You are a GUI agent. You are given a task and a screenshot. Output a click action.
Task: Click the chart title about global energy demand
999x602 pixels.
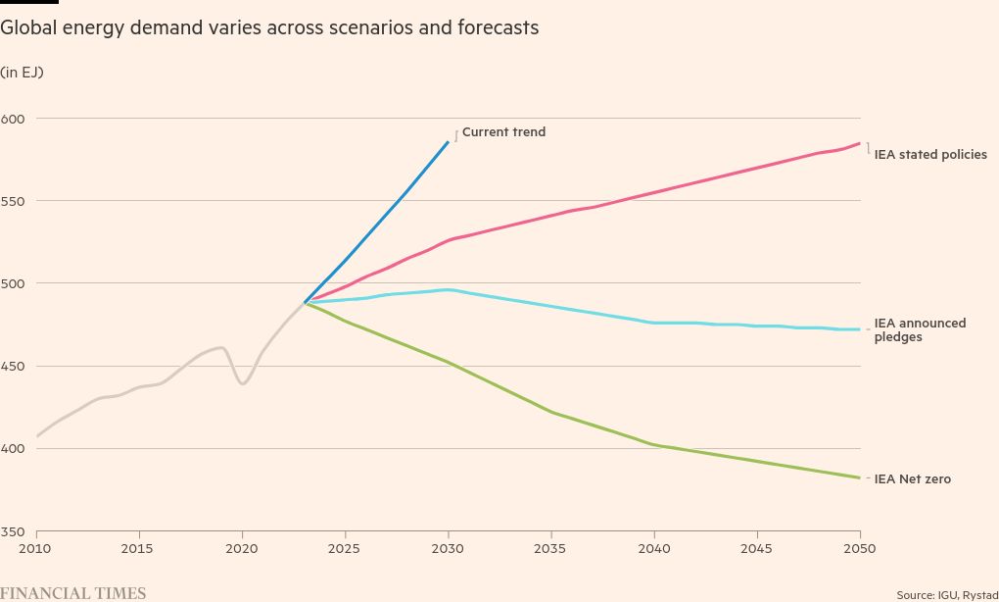click(x=269, y=28)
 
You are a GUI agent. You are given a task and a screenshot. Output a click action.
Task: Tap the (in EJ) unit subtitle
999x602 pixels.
click(x=22, y=73)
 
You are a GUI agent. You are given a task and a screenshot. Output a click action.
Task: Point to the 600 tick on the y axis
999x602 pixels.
click(x=13, y=119)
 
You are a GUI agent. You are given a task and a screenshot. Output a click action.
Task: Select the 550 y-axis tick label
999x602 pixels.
click(x=13, y=201)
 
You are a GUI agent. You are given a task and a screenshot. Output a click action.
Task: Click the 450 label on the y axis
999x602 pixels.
click(x=13, y=367)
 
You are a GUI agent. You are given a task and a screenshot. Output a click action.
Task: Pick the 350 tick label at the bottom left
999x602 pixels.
click(x=13, y=531)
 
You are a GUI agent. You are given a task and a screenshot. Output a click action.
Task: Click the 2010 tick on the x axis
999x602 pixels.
click(x=35, y=548)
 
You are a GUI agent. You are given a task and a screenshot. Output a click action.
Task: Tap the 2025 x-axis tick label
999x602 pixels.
click(x=345, y=548)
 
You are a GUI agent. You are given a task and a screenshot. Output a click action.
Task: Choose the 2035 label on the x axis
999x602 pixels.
click(x=550, y=548)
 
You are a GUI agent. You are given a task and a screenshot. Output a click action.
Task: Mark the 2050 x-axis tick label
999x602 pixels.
click(x=859, y=548)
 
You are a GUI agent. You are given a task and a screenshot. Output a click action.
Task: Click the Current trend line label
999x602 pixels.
click(x=503, y=132)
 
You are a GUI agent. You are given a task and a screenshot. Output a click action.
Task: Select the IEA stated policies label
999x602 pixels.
click(x=929, y=155)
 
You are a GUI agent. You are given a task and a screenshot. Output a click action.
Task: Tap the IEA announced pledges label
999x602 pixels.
click(x=920, y=330)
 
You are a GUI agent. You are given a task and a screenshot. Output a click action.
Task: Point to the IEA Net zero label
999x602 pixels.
click(x=912, y=479)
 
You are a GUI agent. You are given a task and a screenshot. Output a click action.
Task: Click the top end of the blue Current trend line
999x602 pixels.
click(x=449, y=142)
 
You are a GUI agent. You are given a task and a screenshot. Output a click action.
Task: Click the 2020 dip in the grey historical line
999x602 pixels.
click(x=242, y=382)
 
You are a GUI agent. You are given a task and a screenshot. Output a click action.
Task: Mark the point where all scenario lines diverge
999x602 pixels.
click(x=306, y=302)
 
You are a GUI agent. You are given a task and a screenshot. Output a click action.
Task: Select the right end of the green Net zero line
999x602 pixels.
click(x=859, y=477)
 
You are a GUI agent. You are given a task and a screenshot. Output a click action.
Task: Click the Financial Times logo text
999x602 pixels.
click(x=73, y=593)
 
